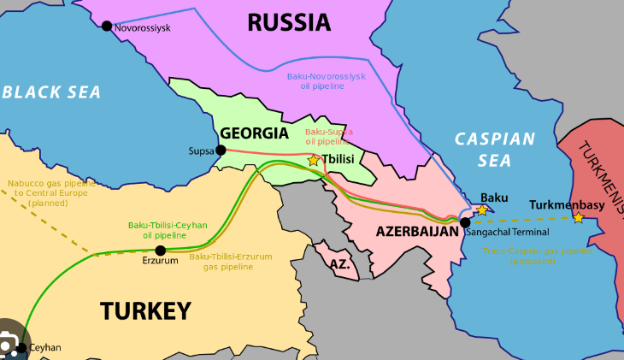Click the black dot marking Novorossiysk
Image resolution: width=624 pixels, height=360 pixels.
point(107,27)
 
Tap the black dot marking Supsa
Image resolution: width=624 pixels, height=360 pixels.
point(221,150)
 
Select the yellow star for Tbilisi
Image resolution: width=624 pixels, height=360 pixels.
point(314,160)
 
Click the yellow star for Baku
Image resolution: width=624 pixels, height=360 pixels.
point(482,210)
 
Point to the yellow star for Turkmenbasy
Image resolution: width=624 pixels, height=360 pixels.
point(579,218)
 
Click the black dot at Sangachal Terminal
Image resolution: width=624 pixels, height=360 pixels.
point(464,222)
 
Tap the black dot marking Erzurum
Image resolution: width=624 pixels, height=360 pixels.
point(160,251)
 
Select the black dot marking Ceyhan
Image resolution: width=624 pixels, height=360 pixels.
point(21,348)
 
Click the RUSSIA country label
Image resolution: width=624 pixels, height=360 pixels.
point(288,22)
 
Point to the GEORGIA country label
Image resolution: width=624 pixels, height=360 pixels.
point(254,133)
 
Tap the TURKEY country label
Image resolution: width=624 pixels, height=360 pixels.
point(145,310)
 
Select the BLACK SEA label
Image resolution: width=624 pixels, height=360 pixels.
point(51,91)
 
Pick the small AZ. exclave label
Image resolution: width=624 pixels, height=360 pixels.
point(340,264)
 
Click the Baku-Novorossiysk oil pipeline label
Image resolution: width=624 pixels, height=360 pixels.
point(326,81)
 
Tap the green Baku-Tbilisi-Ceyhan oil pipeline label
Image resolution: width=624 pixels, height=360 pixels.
point(168,229)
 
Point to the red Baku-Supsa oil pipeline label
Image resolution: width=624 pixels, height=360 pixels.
point(329,137)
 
